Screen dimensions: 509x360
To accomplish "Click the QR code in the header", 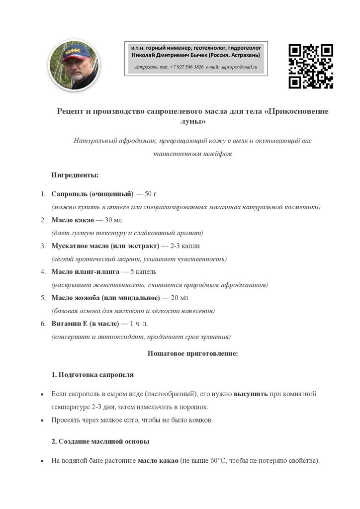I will (311, 66).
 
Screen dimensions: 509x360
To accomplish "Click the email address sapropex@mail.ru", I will (239, 67).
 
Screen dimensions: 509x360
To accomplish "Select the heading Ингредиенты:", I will (75, 175).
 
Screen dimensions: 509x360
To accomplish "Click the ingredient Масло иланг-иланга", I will (86, 272).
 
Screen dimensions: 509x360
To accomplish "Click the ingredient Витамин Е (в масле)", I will (85, 324).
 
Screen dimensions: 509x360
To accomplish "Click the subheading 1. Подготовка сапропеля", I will (92, 374).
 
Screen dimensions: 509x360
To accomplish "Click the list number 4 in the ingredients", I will (43, 272).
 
